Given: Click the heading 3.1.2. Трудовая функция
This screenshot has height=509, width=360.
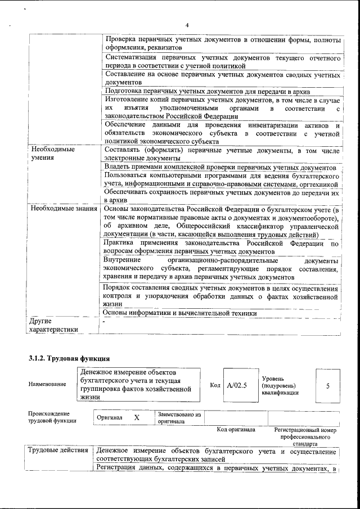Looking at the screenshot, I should click(x=69, y=358).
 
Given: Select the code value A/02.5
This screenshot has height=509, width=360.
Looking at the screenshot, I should click(x=237, y=385).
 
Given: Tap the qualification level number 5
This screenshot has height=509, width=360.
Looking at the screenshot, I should click(x=327, y=386).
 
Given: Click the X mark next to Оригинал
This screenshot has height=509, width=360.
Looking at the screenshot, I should click(x=137, y=418).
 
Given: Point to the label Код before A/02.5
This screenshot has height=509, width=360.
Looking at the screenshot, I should click(x=215, y=385).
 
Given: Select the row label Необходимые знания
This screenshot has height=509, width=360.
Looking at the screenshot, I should click(x=63, y=209).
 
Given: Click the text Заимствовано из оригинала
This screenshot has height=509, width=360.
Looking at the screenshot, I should click(x=179, y=417).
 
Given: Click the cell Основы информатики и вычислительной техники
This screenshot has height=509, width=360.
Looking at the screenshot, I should click(x=180, y=313).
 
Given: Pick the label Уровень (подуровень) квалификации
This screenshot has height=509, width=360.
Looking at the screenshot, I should click(x=280, y=385).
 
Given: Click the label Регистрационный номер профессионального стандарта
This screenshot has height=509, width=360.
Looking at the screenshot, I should click(x=305, y=436).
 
